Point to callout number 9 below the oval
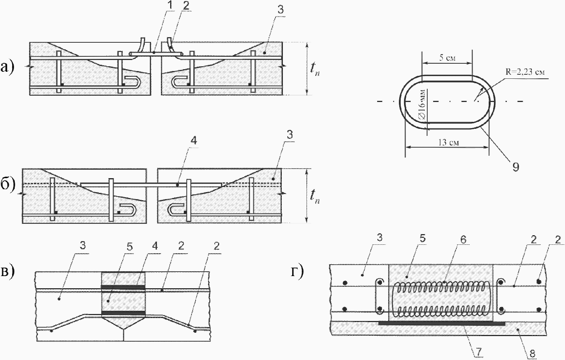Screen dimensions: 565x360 tap(516, 167)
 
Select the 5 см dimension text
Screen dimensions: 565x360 tap(448, 58)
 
